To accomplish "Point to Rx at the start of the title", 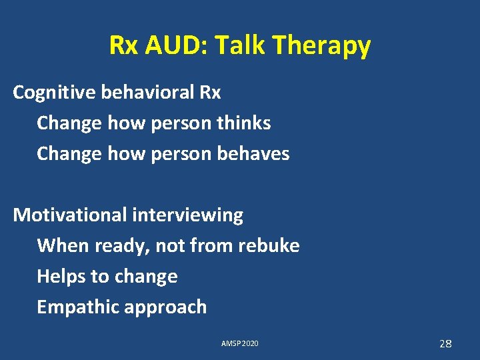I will (123, 45).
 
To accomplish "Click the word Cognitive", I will (54, 93).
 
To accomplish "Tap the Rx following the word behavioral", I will (209, 93).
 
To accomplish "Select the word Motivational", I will (70, 215).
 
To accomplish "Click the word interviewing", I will (188, 215).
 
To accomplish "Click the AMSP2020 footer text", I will (240, 344).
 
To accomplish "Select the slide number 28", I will (445, 344).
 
